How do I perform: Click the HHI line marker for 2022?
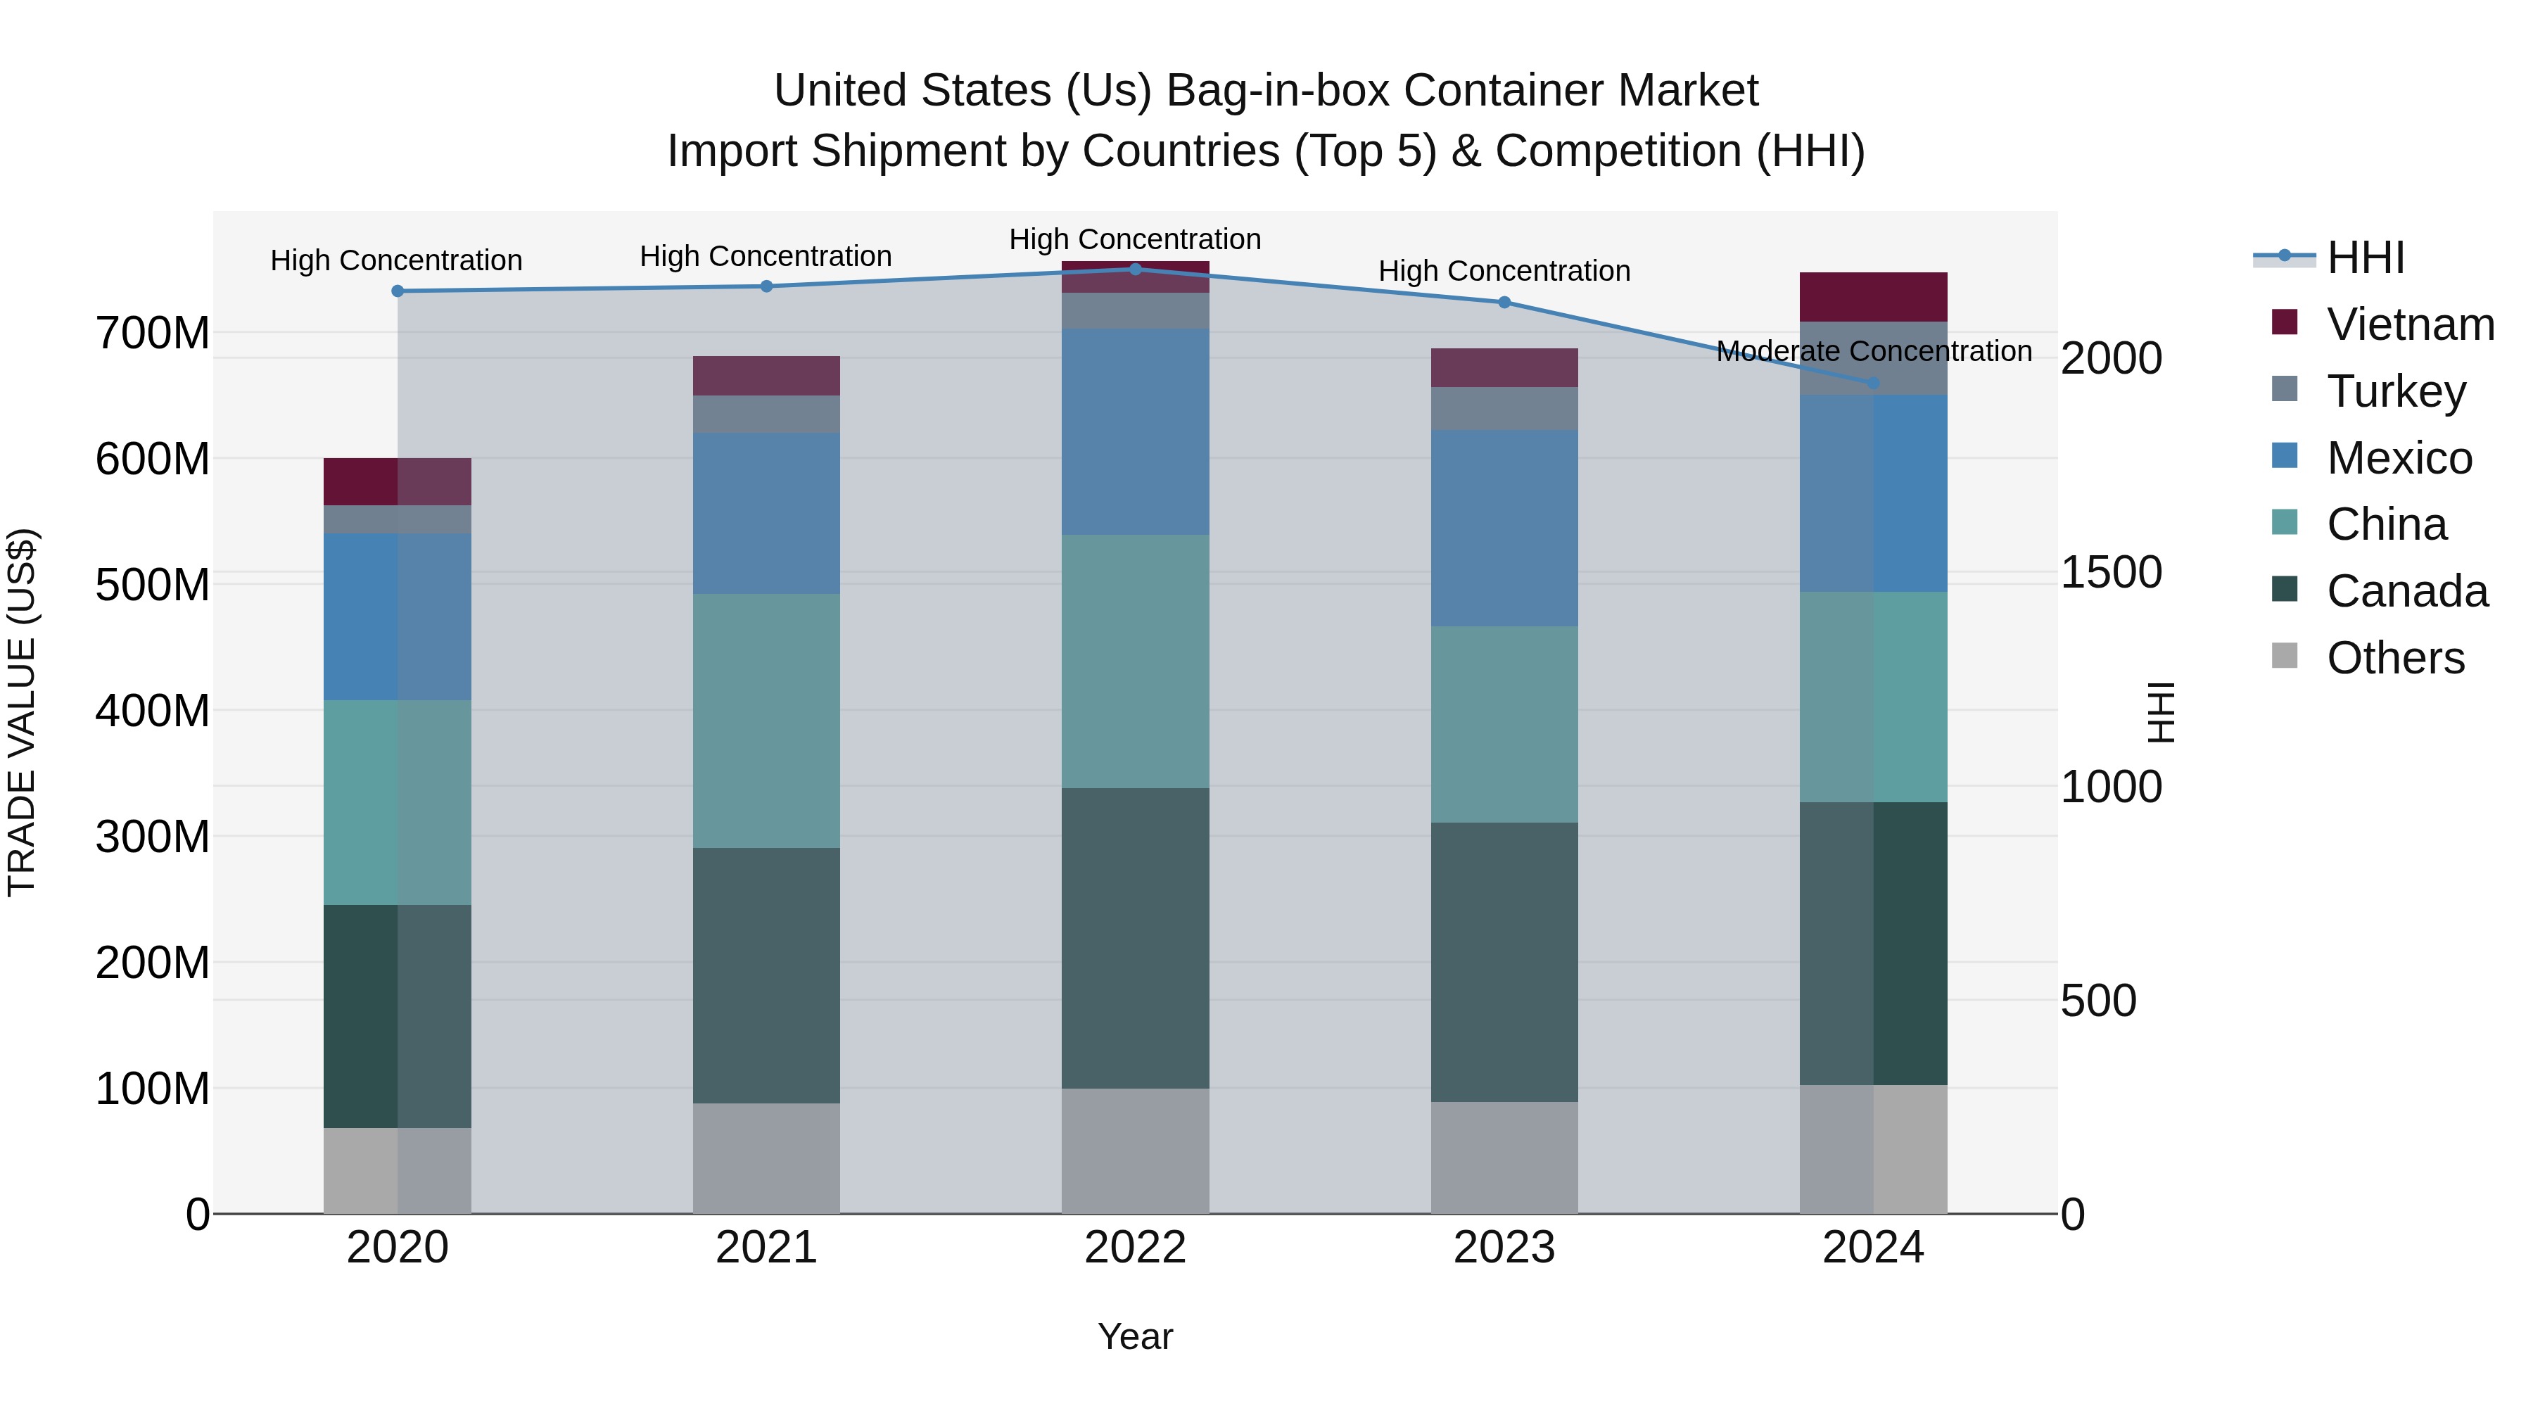(1135, 270)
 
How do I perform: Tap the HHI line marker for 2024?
(1872, 384)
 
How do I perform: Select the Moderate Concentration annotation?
(1873, 351)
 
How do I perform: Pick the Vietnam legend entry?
(2409, 324)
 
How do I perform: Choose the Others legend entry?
(2394, 658)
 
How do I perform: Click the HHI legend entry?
(2365, 258)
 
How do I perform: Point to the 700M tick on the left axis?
(153, 334)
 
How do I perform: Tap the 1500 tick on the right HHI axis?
(2111, 572)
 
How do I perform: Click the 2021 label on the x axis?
(766, 1248)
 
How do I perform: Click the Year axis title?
(1135, 1336)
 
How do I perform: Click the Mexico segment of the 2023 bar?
(1504, 527)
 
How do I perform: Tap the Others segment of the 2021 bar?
(766, 1158)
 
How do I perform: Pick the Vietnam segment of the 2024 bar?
(1872, 297)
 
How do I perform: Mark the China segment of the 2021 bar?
(766, 720)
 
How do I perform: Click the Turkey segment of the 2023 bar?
(1504, 408)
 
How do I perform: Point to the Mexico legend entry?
(2399, 458)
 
